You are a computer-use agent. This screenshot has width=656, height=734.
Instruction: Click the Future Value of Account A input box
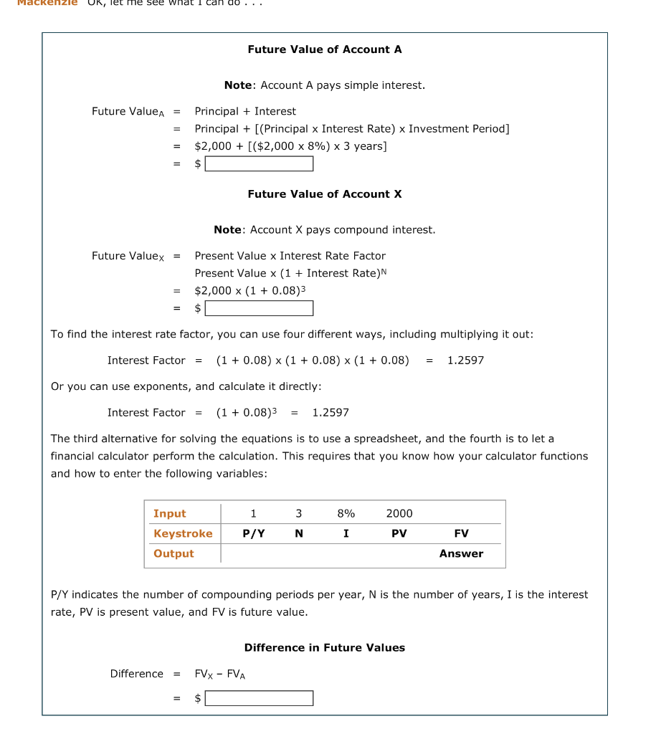pyautogui.click(x=259, y=164)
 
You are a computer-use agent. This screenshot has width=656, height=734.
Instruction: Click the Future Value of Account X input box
pyautogui.click(x=259, y=308)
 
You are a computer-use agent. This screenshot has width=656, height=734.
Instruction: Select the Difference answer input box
pyautogui.click(x=259, y=698)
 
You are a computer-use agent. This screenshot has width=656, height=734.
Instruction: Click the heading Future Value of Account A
pyautogui.click(x=324, y=49)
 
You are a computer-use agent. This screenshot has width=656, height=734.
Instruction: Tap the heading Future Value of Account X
pyautogui.click(x=324, y=194)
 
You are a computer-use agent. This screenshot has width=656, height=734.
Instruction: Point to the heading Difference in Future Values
pyautogui.click(x=324, y=648)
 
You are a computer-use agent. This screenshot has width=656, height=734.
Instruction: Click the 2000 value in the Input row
pyautogui.click(x=399, y=513)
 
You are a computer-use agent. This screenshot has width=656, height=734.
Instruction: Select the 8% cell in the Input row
pyautogui.click(x=346, y=513)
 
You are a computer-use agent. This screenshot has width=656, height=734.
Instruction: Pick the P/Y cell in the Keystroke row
pyautogui.click(x=253, y=533)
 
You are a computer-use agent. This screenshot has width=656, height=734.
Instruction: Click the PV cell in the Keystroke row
pyautogui.click(x=399, y=533)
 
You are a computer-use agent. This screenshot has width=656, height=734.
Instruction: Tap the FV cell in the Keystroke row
pyautogui.click(x=461, y=533)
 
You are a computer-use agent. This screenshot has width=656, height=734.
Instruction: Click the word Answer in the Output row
pyautogui.click(x=461, y=553)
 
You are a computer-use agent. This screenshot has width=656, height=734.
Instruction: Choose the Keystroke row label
pyautogui.click(x=183, y=533)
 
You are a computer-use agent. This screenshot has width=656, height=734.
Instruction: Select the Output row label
pyautogui.click(x=173, y=553)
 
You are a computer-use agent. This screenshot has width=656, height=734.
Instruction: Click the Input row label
pyautogui.click(x=169, y=513)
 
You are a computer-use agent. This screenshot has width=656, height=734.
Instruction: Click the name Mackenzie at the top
pyautogui.click(x=44, y=3)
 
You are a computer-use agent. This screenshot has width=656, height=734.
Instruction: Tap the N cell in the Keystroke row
pyautogui.click(x=299, y=533)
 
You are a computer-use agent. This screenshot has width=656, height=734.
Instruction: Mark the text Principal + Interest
pyautogui.click(x=245, y=112)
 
